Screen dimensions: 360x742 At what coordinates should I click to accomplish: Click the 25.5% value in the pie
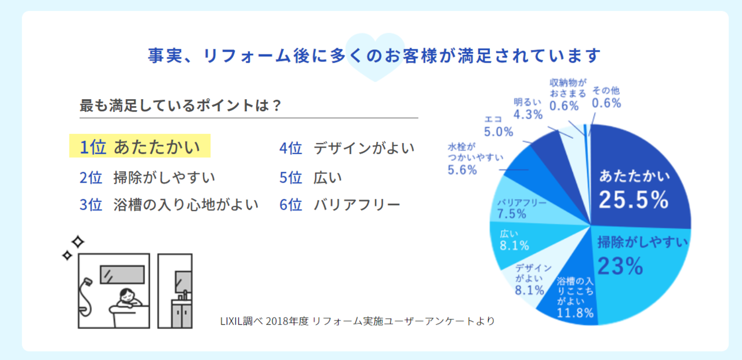click(x=634, y=200)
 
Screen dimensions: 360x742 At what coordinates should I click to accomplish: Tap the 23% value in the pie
click(x=620, y=266)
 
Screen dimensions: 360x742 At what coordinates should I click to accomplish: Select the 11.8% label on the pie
click(x=575, y=314)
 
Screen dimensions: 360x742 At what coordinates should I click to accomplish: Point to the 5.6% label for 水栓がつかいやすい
click(x=463, y=170)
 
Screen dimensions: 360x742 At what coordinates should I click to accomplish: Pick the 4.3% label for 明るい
click(x=528, y=114)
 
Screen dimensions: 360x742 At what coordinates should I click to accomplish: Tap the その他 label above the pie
click(x=606, y=91)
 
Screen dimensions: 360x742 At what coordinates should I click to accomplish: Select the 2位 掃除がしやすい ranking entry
click(x=147, y=177)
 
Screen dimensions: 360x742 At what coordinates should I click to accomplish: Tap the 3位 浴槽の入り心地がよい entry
click(x=169, y=205)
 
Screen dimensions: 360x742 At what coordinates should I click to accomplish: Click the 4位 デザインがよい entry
click(x=347, y=148)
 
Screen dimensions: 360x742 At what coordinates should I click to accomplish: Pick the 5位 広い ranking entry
click(x=311, y=177)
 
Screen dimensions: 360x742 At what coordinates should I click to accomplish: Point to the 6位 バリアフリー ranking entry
click(x=340, y=205)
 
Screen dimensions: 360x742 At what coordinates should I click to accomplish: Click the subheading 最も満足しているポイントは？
click(x=180, y=106)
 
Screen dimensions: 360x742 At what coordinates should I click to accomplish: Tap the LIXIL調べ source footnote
click(x=357, y=321)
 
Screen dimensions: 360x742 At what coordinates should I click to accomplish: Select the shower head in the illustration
click(x=87, y=282)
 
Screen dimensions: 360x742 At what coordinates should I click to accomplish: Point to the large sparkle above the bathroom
click(x=78, y=241)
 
